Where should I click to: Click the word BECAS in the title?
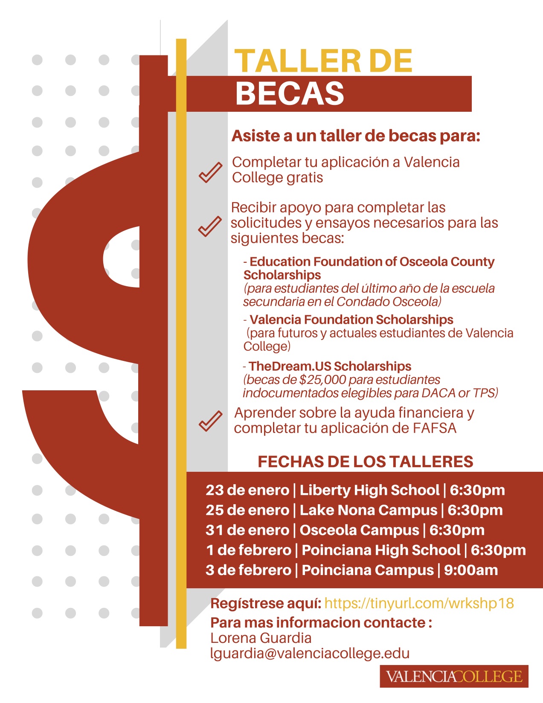[290, 94]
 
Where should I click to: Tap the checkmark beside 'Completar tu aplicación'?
[210, 172]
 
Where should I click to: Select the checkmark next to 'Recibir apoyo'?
[210, 226]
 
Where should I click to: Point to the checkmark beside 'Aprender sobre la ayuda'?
[210, 421]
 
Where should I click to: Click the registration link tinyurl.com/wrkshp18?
[419, 603]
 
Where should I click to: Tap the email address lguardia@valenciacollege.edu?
[310, 653]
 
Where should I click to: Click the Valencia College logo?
[454, 677]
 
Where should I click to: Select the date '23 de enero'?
[247, 490]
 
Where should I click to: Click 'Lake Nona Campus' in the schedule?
[369, 510]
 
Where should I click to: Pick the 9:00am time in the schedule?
[471, 570]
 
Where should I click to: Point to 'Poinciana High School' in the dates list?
[381, 550]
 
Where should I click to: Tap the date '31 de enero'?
[247, 530]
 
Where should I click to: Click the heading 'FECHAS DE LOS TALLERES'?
[366, 462]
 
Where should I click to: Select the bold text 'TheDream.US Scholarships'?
[330, 366]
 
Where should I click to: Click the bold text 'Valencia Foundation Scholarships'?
[351, 320]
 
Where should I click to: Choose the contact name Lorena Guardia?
[261, 638]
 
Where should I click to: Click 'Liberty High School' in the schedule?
[369, 490]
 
